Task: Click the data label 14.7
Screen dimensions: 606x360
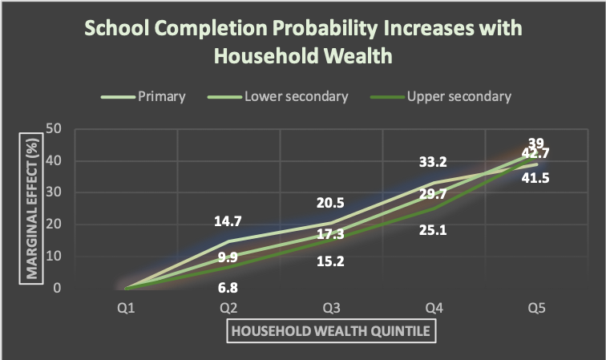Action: coord(228,221)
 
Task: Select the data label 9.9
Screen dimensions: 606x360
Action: coord(228,257)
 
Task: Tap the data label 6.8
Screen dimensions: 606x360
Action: coord(228,288)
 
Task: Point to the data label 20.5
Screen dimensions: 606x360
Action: coord(330,203)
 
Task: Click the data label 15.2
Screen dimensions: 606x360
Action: coord(330,261)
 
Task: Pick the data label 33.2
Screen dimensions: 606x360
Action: coord(433,162)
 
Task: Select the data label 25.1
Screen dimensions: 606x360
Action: coord(433,230)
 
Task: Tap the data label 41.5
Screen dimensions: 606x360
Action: coord(535,178)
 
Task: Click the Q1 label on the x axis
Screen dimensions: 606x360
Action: coord(126,308)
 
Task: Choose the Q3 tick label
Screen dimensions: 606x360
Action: coord(331,308)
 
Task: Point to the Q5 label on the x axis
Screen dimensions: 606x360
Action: coord(536,308)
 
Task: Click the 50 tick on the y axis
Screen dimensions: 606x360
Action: coord(54,129)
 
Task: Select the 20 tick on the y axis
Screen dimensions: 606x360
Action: coord(54,224)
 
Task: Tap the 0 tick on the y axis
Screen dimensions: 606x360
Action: coord(57,288)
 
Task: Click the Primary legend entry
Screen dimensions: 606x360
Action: coord(143,96)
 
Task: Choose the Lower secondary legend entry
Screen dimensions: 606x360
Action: coord(278,96)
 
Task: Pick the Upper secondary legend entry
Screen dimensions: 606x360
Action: coord(441,96)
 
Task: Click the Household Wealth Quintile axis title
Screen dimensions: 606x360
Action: coord(331,331)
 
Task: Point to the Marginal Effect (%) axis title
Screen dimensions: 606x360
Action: coord(31,208)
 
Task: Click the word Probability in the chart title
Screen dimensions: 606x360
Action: coord(325,29)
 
